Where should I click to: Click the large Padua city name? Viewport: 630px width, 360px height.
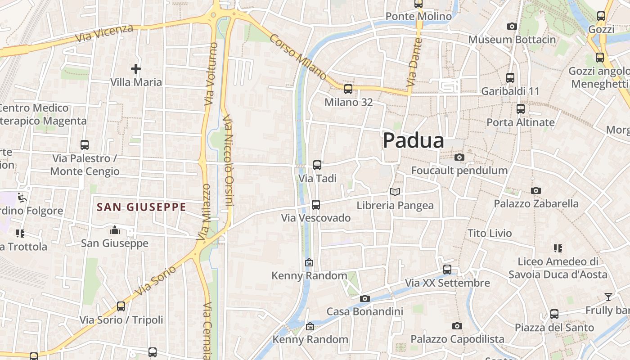point(414,141)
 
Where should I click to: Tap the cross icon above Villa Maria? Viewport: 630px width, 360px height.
point(136,69)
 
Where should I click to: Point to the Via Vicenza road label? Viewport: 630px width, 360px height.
point(104,33)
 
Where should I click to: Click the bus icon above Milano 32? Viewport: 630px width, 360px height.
point(348,89)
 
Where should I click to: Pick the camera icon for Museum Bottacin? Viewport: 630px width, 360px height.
point(512,27)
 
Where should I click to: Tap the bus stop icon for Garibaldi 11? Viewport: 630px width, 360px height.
point(510,78)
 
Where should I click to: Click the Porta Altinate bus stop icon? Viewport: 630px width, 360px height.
point(521,109)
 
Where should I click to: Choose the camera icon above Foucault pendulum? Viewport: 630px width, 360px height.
point(459,157)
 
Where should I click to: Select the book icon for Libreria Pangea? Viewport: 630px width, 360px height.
point(395,192)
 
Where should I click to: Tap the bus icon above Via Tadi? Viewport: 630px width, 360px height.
point(317,165)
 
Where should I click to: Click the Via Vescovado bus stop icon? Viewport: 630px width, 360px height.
point(316,205)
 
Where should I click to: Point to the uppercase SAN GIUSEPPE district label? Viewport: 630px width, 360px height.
point(141,207)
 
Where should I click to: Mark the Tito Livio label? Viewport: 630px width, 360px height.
point(490,233)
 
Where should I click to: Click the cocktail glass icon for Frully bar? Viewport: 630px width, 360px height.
point(608,297)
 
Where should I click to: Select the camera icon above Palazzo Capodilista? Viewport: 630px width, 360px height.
point(457,326)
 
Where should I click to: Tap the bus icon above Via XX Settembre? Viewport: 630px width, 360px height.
point(447,270)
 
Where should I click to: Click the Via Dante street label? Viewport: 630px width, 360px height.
point(414,63)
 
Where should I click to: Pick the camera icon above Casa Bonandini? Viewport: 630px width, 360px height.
point(364,298)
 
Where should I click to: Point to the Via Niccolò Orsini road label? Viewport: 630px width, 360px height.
point(229,160)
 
